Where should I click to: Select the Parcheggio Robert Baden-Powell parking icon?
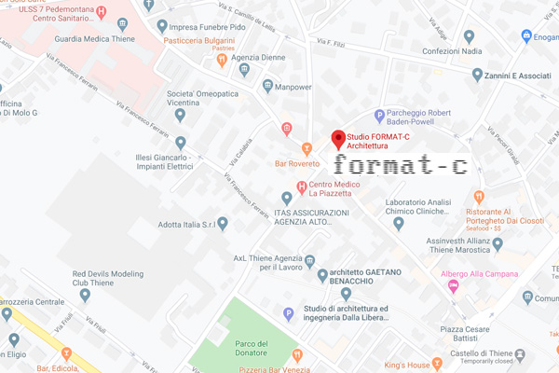(379, 115)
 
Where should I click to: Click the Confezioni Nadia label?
(452, 51)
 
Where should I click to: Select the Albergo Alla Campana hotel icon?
(454, 287)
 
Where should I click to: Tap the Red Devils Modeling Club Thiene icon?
(85, 296)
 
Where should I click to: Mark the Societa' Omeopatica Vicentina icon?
(180, 116)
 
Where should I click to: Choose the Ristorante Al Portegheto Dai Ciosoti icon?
(479, 197)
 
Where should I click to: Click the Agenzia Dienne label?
(233, 57)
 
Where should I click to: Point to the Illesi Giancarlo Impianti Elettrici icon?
(180, 143)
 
